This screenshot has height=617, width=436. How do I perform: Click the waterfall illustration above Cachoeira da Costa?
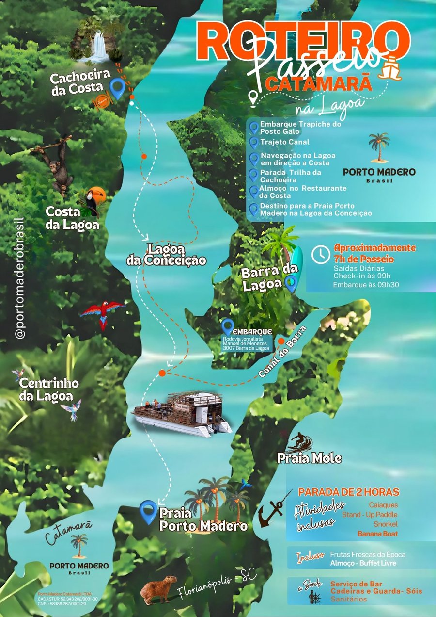click(100, 46)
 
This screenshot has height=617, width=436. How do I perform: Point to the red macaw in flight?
click(103, 313)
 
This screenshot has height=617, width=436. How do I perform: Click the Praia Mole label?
click(310, 458)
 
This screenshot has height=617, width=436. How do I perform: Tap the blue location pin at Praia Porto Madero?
click(148, 512)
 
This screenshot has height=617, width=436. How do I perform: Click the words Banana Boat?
click(377, 534)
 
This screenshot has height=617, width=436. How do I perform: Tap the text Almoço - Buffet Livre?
click(363, 563)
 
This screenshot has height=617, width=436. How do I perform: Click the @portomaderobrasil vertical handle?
click(20, 276)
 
